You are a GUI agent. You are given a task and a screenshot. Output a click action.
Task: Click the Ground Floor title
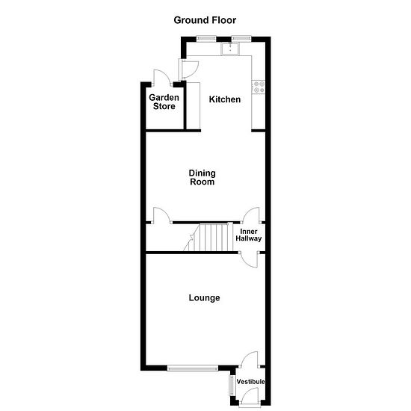205,20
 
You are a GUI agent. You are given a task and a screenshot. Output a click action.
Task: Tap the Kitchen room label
225,99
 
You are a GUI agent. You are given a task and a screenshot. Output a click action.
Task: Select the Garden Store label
164,102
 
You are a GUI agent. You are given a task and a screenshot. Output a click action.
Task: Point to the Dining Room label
202,177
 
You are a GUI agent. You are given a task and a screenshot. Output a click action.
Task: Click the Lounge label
204,297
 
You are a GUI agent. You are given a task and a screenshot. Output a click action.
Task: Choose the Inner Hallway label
249,235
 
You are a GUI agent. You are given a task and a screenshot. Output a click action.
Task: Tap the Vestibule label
250,382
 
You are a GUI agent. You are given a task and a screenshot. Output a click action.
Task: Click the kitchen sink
230,49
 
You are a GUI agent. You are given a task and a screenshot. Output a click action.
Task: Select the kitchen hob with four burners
259,87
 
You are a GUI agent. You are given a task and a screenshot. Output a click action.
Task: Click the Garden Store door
161,78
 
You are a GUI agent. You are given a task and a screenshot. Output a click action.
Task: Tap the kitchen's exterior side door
188,69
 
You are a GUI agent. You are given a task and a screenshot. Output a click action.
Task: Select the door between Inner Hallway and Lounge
250,259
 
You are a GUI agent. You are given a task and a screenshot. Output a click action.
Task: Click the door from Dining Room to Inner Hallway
252,215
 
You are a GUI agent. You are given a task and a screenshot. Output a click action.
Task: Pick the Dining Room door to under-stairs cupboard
162,215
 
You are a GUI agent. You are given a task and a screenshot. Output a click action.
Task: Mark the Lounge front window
193,368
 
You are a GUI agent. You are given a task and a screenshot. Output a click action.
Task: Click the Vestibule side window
232,386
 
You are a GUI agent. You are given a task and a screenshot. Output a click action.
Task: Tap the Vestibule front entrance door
250,398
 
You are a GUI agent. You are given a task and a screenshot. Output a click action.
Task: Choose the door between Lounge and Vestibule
250,359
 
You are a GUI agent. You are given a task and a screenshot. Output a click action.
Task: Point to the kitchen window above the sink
241,39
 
